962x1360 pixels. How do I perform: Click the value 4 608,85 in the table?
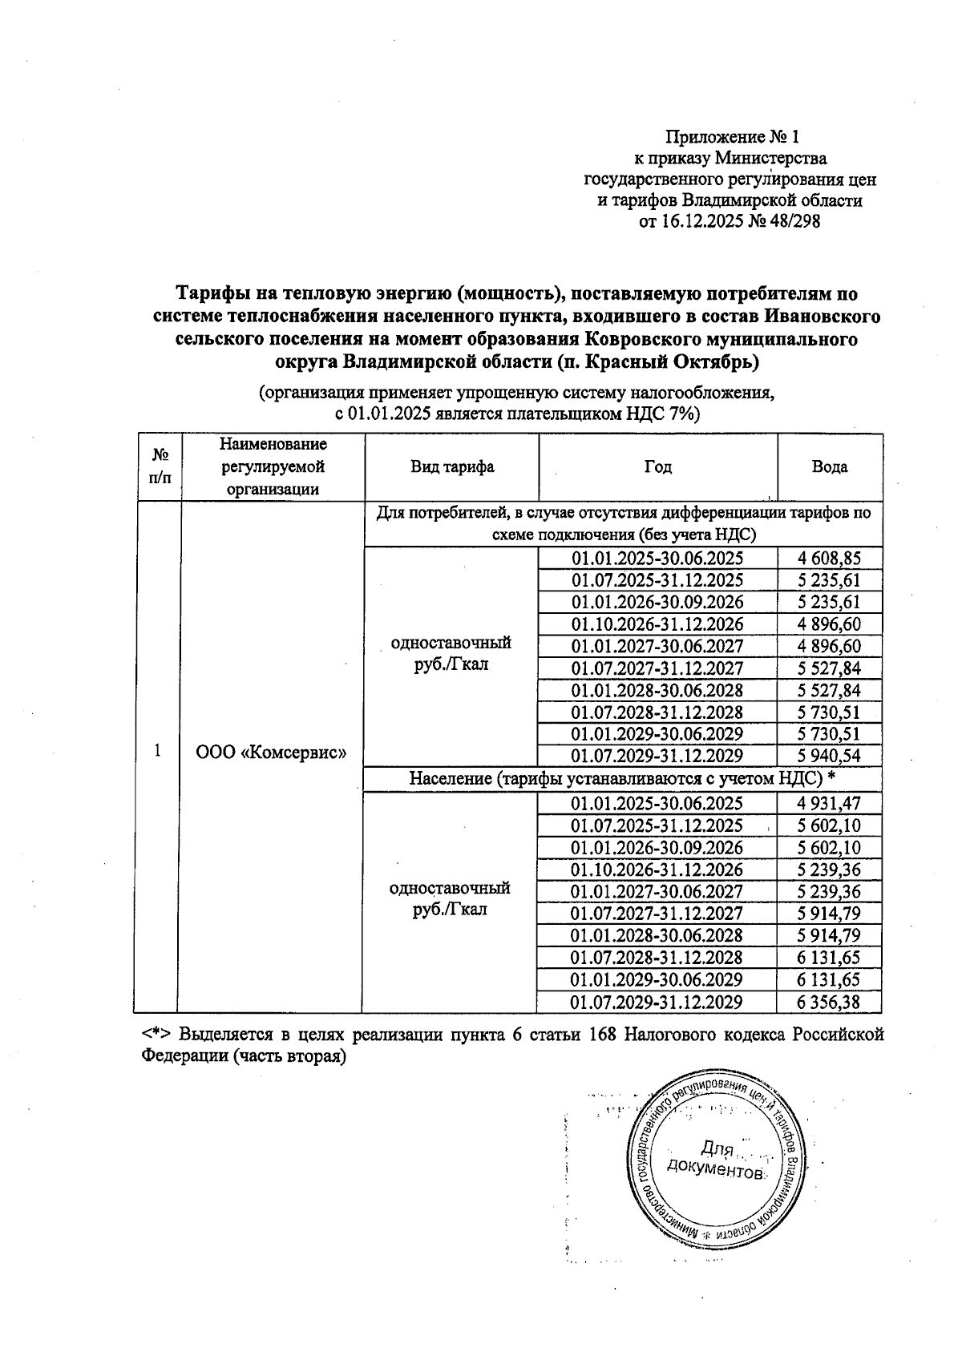coord(829,559)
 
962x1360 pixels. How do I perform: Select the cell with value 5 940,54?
coord(829,756)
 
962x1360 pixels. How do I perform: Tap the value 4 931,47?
coord(829,804)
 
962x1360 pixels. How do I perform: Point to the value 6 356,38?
coord(829,1002)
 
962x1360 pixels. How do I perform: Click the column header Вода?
coord(829,467)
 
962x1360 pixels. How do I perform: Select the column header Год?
coord(657,467)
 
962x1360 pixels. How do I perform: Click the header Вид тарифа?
coord(452,467)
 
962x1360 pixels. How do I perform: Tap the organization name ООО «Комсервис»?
coord(271,753)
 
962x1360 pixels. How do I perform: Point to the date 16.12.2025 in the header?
coord(703,222)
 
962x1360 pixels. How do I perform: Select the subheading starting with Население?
coord(622,778)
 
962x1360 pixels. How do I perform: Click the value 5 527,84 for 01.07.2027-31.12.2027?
coord(829,668)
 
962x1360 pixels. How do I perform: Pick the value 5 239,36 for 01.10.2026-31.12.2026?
coord(829,870)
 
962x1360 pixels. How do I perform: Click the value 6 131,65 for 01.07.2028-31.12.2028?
coord(829,958)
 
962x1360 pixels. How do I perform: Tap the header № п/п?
coord(160,467)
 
